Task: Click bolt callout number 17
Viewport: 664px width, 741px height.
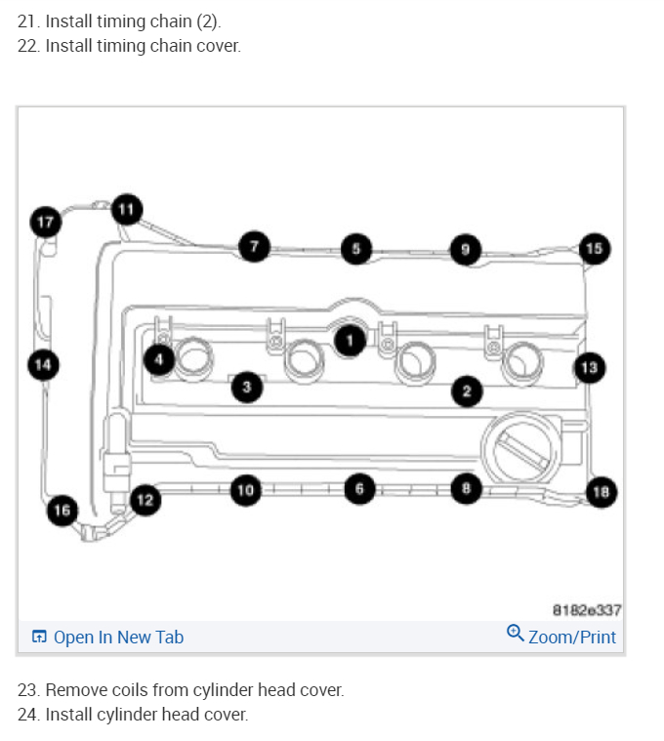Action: pyautogui.click(x=45, y=222)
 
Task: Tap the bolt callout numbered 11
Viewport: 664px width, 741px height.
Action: pyautogui.click(x=126, y=209)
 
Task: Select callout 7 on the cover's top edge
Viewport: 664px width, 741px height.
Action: pyautogui.click(x=254, y=247)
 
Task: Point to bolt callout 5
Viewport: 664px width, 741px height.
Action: pyautogui.click(x=356, y=249)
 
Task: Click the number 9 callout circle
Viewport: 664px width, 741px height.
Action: pyautogui.click(x=465, y=250)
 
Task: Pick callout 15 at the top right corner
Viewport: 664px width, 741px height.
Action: pyautogui.click(x=594, y=248)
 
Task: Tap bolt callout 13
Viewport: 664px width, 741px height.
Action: pyautogui.click(x=589, y=367)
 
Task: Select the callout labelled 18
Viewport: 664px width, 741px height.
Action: pyautogui.click(x=602, y=491)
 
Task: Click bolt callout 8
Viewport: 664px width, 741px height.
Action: pyautogui.click(x=466, y=487)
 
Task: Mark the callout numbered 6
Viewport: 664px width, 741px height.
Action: pyautogui.click(x=359, y=487)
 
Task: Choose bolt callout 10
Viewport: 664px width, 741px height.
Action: pyautogui.click(x=245, y=489)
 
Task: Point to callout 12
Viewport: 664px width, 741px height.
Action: pyautogui.click(x=145, y=500)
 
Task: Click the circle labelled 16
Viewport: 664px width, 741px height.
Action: pyautogui.click(x=62, y=510)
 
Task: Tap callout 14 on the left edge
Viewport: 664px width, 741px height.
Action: pyautogui.click(x=42, y=365)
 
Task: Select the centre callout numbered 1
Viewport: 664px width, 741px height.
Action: pyautogui.click(x=349, y=339)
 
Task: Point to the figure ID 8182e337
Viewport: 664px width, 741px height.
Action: pyautogui.click(x=587, y=610)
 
